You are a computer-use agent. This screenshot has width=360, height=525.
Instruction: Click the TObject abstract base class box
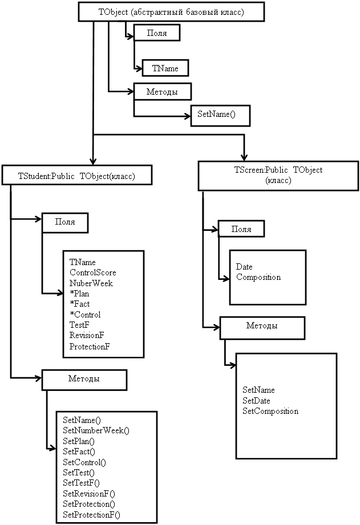[171, 11]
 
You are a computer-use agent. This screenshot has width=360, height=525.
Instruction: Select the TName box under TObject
[165, 68]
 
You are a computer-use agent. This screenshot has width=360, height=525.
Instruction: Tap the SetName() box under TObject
[220, 115]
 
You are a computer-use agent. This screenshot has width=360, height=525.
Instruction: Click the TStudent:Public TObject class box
[77, 176]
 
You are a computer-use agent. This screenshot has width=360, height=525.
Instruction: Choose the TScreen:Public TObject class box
[278, 175]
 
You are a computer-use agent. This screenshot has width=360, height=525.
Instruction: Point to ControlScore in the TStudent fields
[92, 272]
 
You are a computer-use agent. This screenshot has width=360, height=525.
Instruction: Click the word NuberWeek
[91, 283]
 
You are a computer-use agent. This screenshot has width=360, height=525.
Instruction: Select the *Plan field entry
[79, 294]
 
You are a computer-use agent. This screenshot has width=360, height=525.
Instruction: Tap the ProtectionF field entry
[90, 347]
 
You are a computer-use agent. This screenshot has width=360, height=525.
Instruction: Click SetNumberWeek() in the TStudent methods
[96, 430]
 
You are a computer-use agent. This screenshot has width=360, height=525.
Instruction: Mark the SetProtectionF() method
[91, 515]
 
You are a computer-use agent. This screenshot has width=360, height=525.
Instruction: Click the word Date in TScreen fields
[244, 267]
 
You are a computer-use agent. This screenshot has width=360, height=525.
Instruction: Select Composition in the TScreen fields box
[258, 277]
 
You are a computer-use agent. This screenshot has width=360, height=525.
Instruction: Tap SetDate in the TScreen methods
[256, 401]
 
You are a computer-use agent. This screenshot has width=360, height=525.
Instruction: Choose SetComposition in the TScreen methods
[270, 411]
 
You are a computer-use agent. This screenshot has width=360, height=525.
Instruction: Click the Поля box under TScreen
[242, 229]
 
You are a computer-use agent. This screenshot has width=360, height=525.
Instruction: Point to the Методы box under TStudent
[84, 379]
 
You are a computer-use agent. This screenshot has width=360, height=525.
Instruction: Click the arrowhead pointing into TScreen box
[244, 157]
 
